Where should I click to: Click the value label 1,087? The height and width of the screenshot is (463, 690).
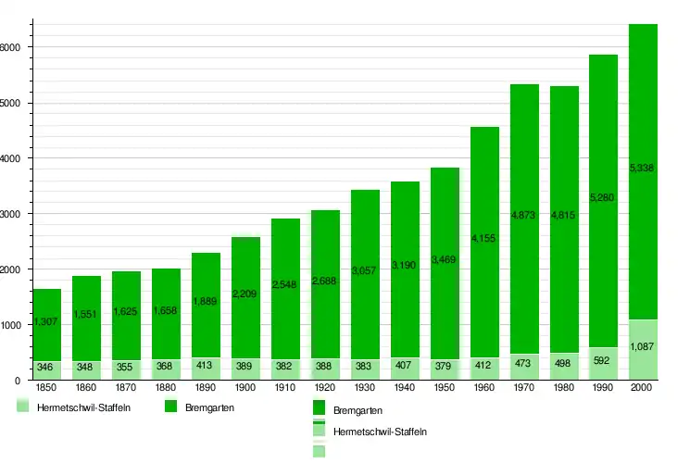pos(644,347)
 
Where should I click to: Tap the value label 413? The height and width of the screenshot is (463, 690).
pos(206,366)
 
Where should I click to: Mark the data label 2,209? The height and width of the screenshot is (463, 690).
pos(245,294)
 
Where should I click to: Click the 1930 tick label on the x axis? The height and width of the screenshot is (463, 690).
pos(365,387)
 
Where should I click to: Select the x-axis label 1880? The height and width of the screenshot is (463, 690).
pos(166,387)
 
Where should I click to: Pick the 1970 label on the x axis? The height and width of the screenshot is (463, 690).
pos(524,387)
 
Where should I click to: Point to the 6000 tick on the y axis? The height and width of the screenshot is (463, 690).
pos(11,47)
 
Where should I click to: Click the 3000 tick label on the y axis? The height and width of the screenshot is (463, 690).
pos(11,214)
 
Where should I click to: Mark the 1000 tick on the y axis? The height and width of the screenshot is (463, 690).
pos(11,325)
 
